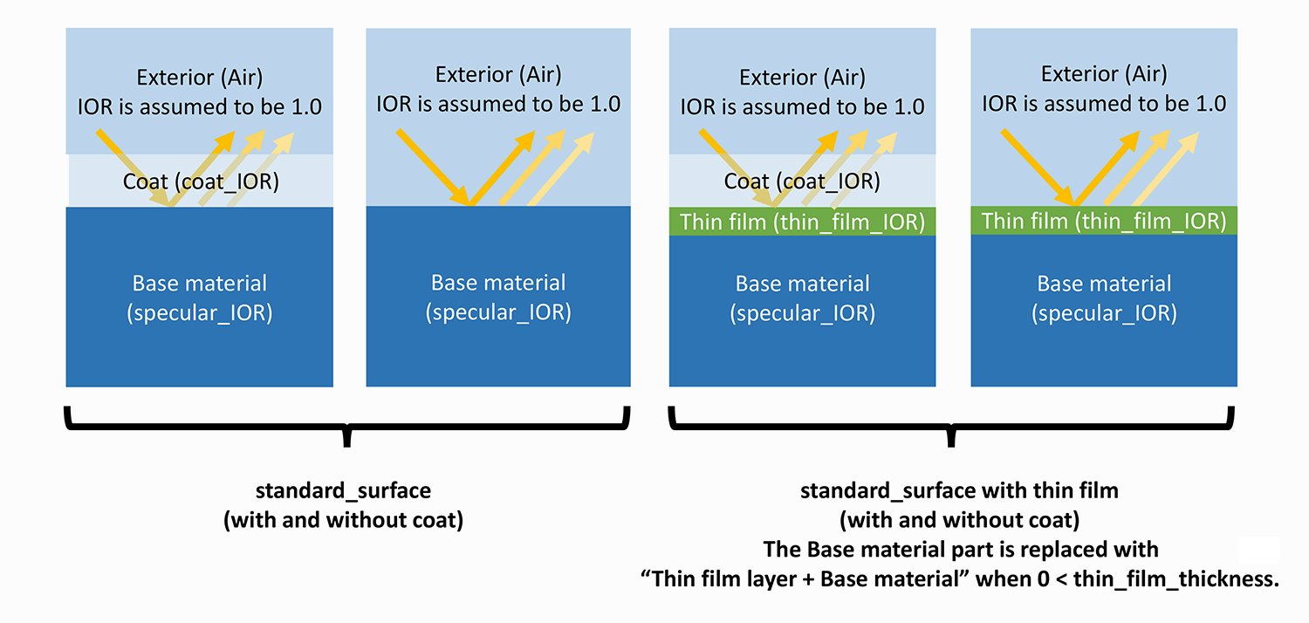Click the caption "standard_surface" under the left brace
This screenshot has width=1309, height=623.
tap(343, 491)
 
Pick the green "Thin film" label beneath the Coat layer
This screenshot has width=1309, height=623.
tap(801, 222)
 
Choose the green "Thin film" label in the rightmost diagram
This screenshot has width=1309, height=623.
tap(1103, 221)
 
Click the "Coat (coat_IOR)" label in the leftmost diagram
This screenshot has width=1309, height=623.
tap(201, 182)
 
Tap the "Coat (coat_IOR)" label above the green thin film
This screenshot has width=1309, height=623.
tap(801, 181)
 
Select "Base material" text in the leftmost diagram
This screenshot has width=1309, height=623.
tap(200, 283)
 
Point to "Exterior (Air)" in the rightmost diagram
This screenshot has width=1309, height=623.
tap(1104, 74)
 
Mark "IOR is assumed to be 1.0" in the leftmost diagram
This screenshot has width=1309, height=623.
tap(200, 107)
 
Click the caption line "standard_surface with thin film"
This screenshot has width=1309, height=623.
tap(959, 491)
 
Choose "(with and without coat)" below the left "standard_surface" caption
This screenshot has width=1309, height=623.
tap(343, 521)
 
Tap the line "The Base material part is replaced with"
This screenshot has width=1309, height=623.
tap(960, 550)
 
